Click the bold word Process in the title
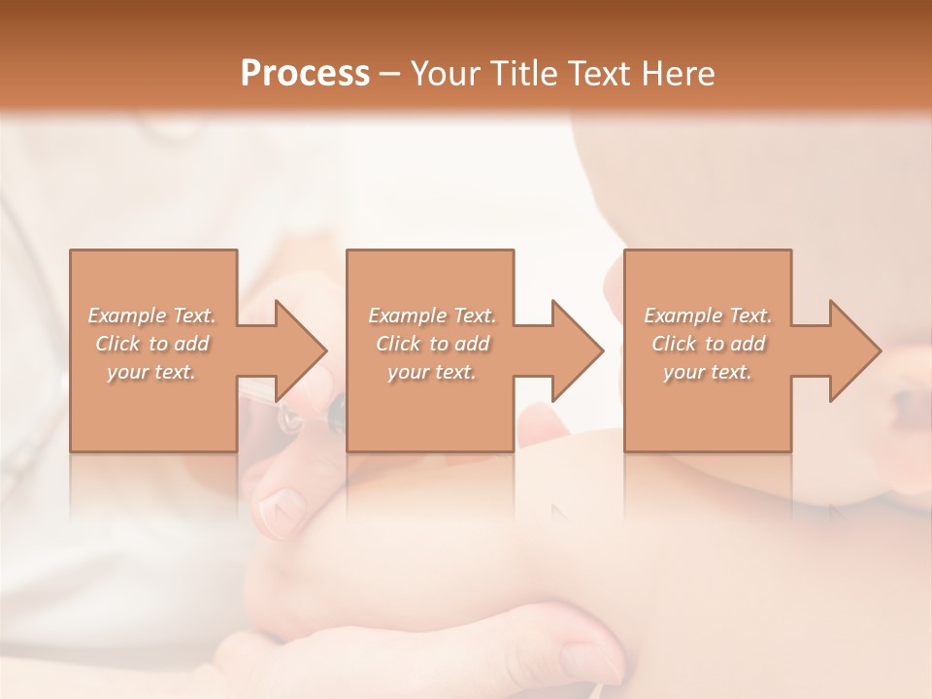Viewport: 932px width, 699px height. (305, 73)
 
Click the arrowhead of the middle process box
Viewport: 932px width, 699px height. (577, 350)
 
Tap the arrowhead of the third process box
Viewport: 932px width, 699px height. (854, 350)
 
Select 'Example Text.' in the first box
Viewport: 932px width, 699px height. (151, 316)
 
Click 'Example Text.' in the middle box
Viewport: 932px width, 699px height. (431, 316)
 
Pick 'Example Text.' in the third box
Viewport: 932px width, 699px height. (708, 316)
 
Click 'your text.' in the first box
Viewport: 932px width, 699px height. (151, 372)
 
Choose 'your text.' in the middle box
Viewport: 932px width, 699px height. (431, 372)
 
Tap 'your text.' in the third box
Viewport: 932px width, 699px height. (708, 372)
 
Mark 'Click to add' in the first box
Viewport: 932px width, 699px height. (151, 344)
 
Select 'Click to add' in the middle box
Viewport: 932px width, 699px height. (431, 344)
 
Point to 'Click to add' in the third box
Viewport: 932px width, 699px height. (708, 344)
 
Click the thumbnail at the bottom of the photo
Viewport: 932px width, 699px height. (586, 661)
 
